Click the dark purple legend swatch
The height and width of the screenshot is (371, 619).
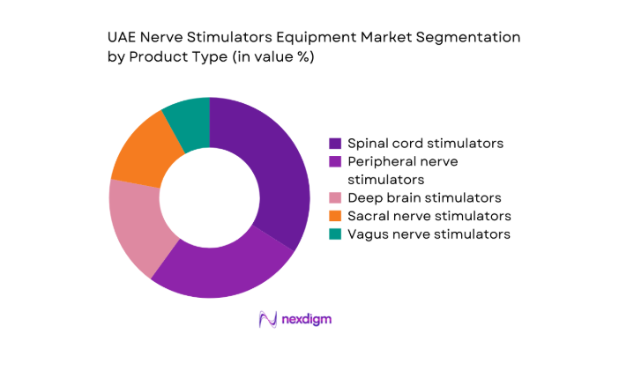[x=335, y=143]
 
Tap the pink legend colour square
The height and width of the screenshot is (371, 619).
[x=335, y=197]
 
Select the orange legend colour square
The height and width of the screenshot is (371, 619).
[x=335, y=216]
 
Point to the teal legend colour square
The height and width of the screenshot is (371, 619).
[x=335, y=234]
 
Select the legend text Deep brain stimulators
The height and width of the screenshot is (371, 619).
[x=424, y=197]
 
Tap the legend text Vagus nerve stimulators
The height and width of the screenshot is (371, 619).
[x=429, y=234]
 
